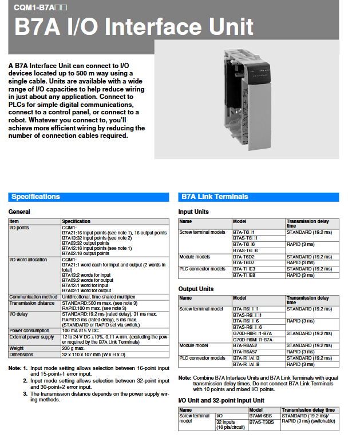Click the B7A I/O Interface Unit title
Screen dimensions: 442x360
[134, 27]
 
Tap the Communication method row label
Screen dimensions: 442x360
[33, 297]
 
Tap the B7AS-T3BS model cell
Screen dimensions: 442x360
[262, 422]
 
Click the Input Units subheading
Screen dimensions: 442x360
[193, 212]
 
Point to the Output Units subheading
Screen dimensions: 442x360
[196, 289]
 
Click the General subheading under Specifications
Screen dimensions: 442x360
[19, 212]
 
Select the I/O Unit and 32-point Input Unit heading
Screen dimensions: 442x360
[221, 400]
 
